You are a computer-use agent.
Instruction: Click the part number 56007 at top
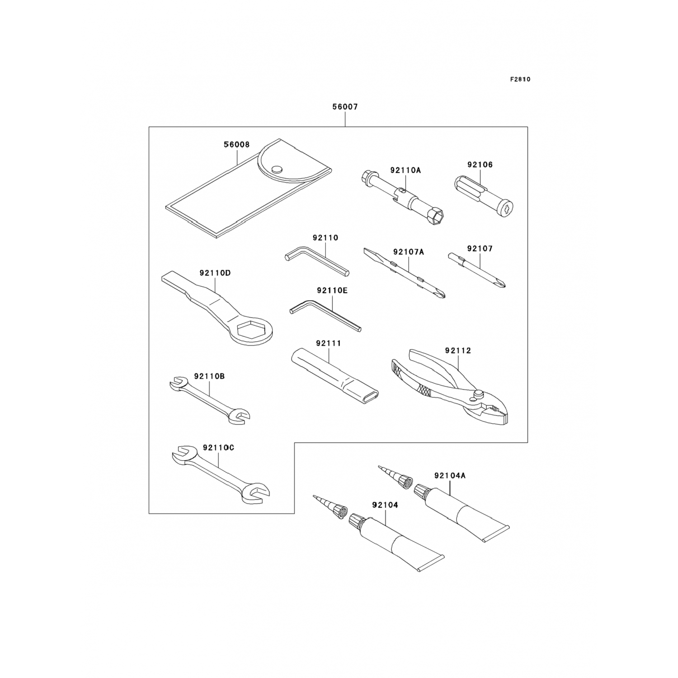345,107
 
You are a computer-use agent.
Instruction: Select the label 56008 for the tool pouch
236,145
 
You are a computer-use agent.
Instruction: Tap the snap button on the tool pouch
277,169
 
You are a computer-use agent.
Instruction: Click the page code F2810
520,80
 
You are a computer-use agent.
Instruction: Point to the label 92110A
405,170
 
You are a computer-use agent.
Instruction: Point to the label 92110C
218,447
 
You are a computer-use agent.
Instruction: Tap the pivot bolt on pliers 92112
476,395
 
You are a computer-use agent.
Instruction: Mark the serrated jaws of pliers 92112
497,411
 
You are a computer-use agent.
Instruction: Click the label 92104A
450,476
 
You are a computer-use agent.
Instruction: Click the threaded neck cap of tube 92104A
421,490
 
